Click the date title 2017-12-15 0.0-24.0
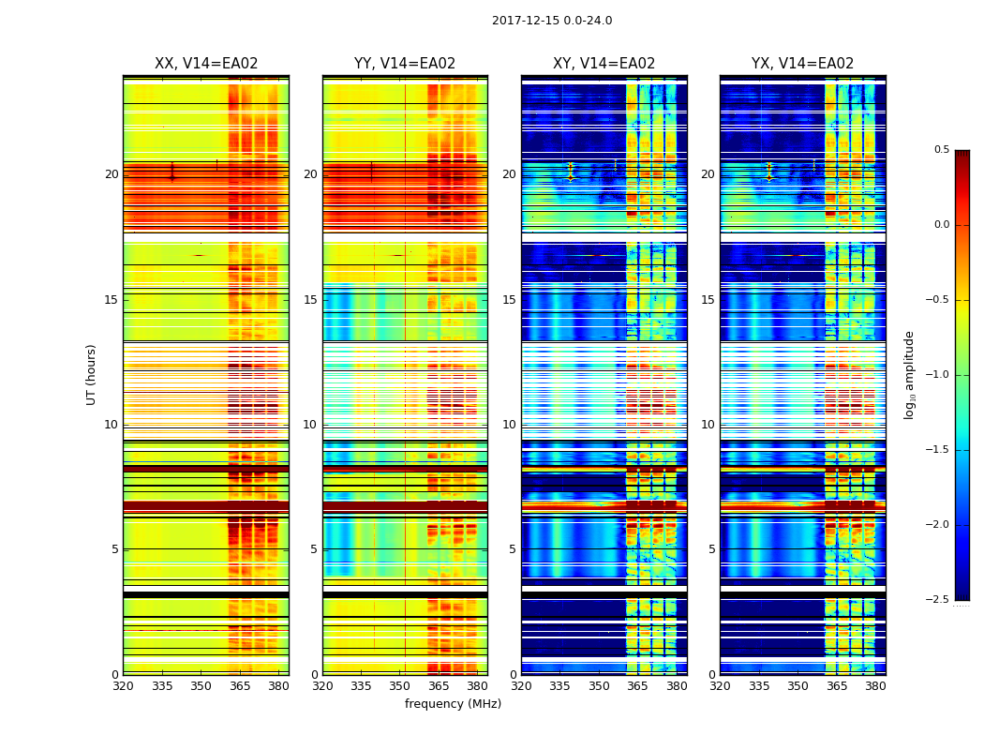[552, 21]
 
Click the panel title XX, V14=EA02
[206, 64]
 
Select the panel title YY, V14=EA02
[405, 64]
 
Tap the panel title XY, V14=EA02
[604, 64]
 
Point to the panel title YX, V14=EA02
[802, 64]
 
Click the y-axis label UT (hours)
[92, 374]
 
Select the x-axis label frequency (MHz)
[453, 704]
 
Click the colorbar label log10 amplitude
[909, 374]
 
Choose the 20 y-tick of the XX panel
[112, 174]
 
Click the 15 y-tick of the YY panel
[311, 300]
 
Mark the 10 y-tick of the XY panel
[510, 425]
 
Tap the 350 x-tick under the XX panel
[201, 685]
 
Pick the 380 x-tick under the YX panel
[875, 685]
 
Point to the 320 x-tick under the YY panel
[322, 685]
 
